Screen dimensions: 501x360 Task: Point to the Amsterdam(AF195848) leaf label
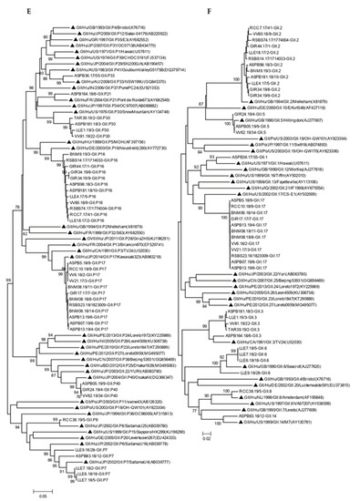click(302, 386)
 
